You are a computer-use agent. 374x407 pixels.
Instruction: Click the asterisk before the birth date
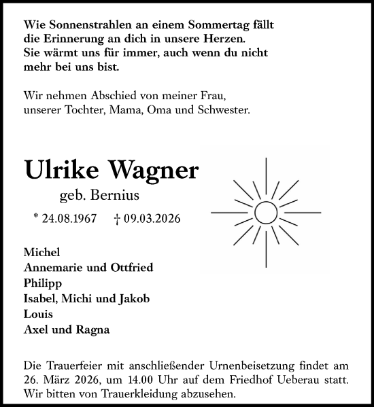[35, 217]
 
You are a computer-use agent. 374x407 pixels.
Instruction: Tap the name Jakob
[133, 298]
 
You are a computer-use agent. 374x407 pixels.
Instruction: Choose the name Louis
[38, 315]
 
